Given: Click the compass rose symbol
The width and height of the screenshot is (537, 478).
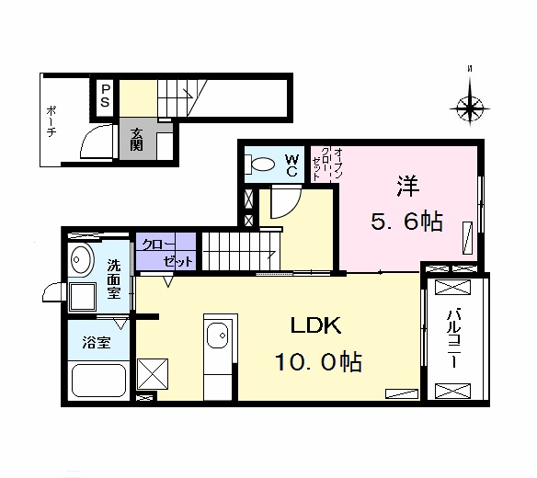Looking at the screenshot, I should [x=471, y=108].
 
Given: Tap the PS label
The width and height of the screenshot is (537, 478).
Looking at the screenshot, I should [x=106, y=95].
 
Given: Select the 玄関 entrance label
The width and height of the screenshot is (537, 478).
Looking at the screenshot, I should [x=135, y=137].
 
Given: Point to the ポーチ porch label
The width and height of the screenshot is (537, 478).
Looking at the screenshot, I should [x=51, y=120].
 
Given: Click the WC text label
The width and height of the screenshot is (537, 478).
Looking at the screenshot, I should [x=291, y=165].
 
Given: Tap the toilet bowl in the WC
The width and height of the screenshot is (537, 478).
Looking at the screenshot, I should [x=261, y=165].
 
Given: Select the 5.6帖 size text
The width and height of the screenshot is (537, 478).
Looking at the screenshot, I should [x=408, y=222].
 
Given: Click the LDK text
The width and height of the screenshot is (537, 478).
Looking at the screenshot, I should [x=317, y=325].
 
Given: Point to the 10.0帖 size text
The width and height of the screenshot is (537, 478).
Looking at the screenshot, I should [x=317, y=361].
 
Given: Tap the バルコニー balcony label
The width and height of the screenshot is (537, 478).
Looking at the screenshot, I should [x=452, y=338].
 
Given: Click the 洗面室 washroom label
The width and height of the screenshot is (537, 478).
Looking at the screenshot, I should [x=114, y=279].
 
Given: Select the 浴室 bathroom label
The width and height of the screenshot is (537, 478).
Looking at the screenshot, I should [x=96, y=344].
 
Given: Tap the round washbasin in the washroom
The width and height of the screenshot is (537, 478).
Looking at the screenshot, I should [x=81, y=260].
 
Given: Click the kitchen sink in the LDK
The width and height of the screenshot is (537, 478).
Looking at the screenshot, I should [x=218, y=337].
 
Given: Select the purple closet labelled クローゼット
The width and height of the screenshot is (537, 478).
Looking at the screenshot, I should [x=166, y=252].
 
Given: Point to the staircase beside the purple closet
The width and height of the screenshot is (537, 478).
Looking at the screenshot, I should [x=237, y=249].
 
